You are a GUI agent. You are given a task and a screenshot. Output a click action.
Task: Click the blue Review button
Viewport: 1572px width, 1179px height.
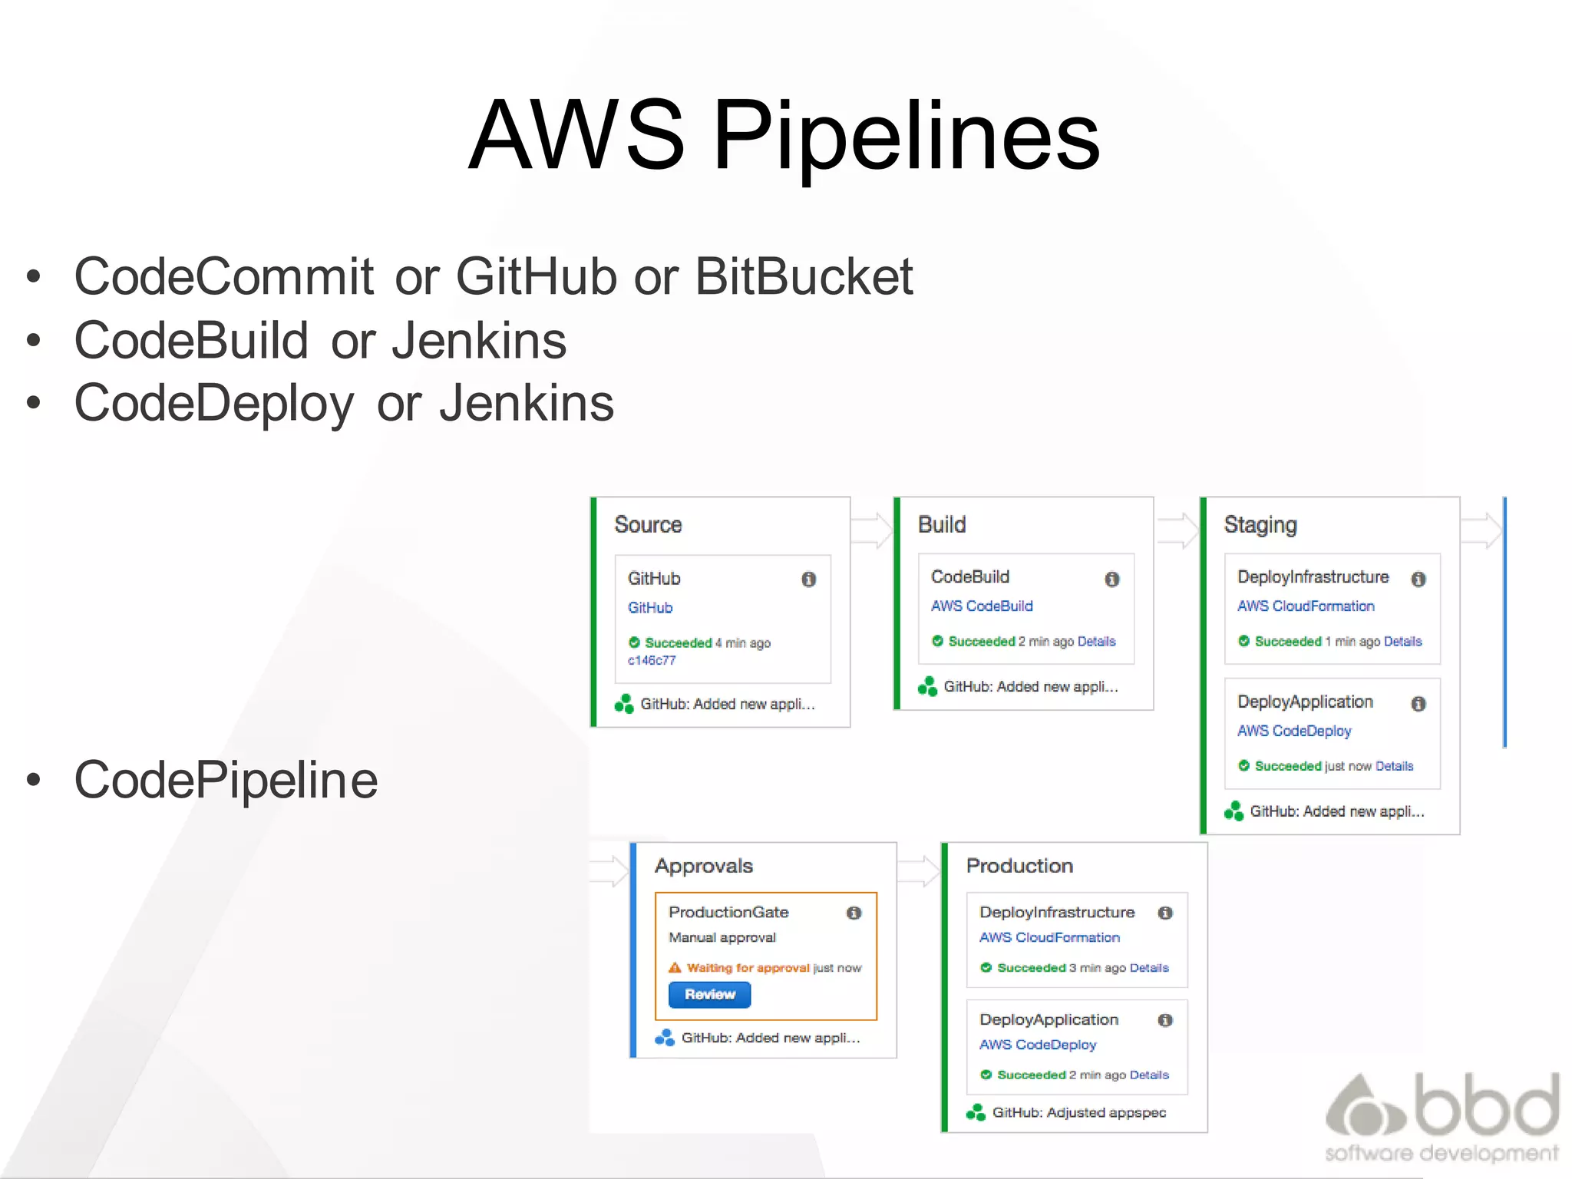click(x=709, y=995)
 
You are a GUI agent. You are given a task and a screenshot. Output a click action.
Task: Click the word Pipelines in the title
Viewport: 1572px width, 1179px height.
click(x=907, y=137)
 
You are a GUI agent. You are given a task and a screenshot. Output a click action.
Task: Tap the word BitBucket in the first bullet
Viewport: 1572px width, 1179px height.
click(x=804, y=276)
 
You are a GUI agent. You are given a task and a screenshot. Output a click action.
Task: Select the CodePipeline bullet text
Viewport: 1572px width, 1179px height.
click(x=226, y=780)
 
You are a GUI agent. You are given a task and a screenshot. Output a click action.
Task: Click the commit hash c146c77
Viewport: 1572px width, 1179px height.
click(x=652, y=660)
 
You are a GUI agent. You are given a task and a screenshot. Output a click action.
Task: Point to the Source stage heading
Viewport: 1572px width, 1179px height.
click(x=648, y=525)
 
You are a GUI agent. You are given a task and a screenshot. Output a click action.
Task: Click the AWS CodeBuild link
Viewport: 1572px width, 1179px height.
click(x=982, y=606)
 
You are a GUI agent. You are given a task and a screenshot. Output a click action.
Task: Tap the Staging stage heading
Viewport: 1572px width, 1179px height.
click(x=1260, y=525)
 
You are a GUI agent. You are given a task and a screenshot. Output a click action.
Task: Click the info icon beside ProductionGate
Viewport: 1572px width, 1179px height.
click(x=854, y=913)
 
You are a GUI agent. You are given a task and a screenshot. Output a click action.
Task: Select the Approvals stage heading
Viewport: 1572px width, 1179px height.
click(x=703, y=866)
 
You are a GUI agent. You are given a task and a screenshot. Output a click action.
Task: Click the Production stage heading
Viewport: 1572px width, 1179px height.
click(x=1019, y=866)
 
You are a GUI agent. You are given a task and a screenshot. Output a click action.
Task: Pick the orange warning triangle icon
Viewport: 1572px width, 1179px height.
click(x=675, y=968)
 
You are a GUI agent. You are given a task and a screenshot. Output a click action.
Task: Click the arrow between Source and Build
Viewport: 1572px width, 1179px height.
click(x=872, y=530)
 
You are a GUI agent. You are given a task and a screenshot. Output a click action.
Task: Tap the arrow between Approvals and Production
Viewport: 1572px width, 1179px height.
click(x=919, y=871)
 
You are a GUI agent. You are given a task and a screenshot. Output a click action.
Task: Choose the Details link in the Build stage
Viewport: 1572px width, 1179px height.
click(x=1096, y=642)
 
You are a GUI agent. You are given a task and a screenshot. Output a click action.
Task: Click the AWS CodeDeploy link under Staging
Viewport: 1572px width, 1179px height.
click(x=1294, y=732)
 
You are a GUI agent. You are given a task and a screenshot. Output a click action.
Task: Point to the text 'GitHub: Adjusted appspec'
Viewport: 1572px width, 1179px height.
click(x=1078, y=1113)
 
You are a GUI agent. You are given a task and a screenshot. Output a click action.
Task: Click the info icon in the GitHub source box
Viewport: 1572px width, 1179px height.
click(x=808, y=580)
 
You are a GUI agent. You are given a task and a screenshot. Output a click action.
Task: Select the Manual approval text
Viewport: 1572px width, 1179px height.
click(x=722, y=938)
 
